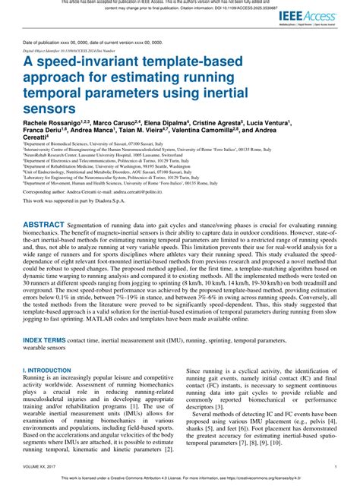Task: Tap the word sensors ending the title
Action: (50, 107)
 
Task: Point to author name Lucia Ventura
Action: (270, 122)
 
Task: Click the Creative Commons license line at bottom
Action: (179, 480)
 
